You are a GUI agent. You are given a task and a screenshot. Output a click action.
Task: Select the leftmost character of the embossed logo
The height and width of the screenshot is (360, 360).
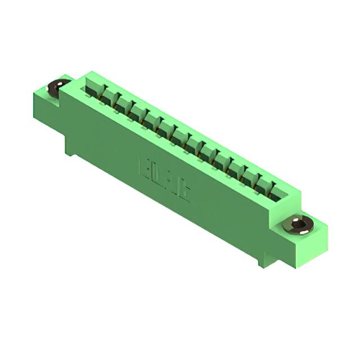click(143, 167)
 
